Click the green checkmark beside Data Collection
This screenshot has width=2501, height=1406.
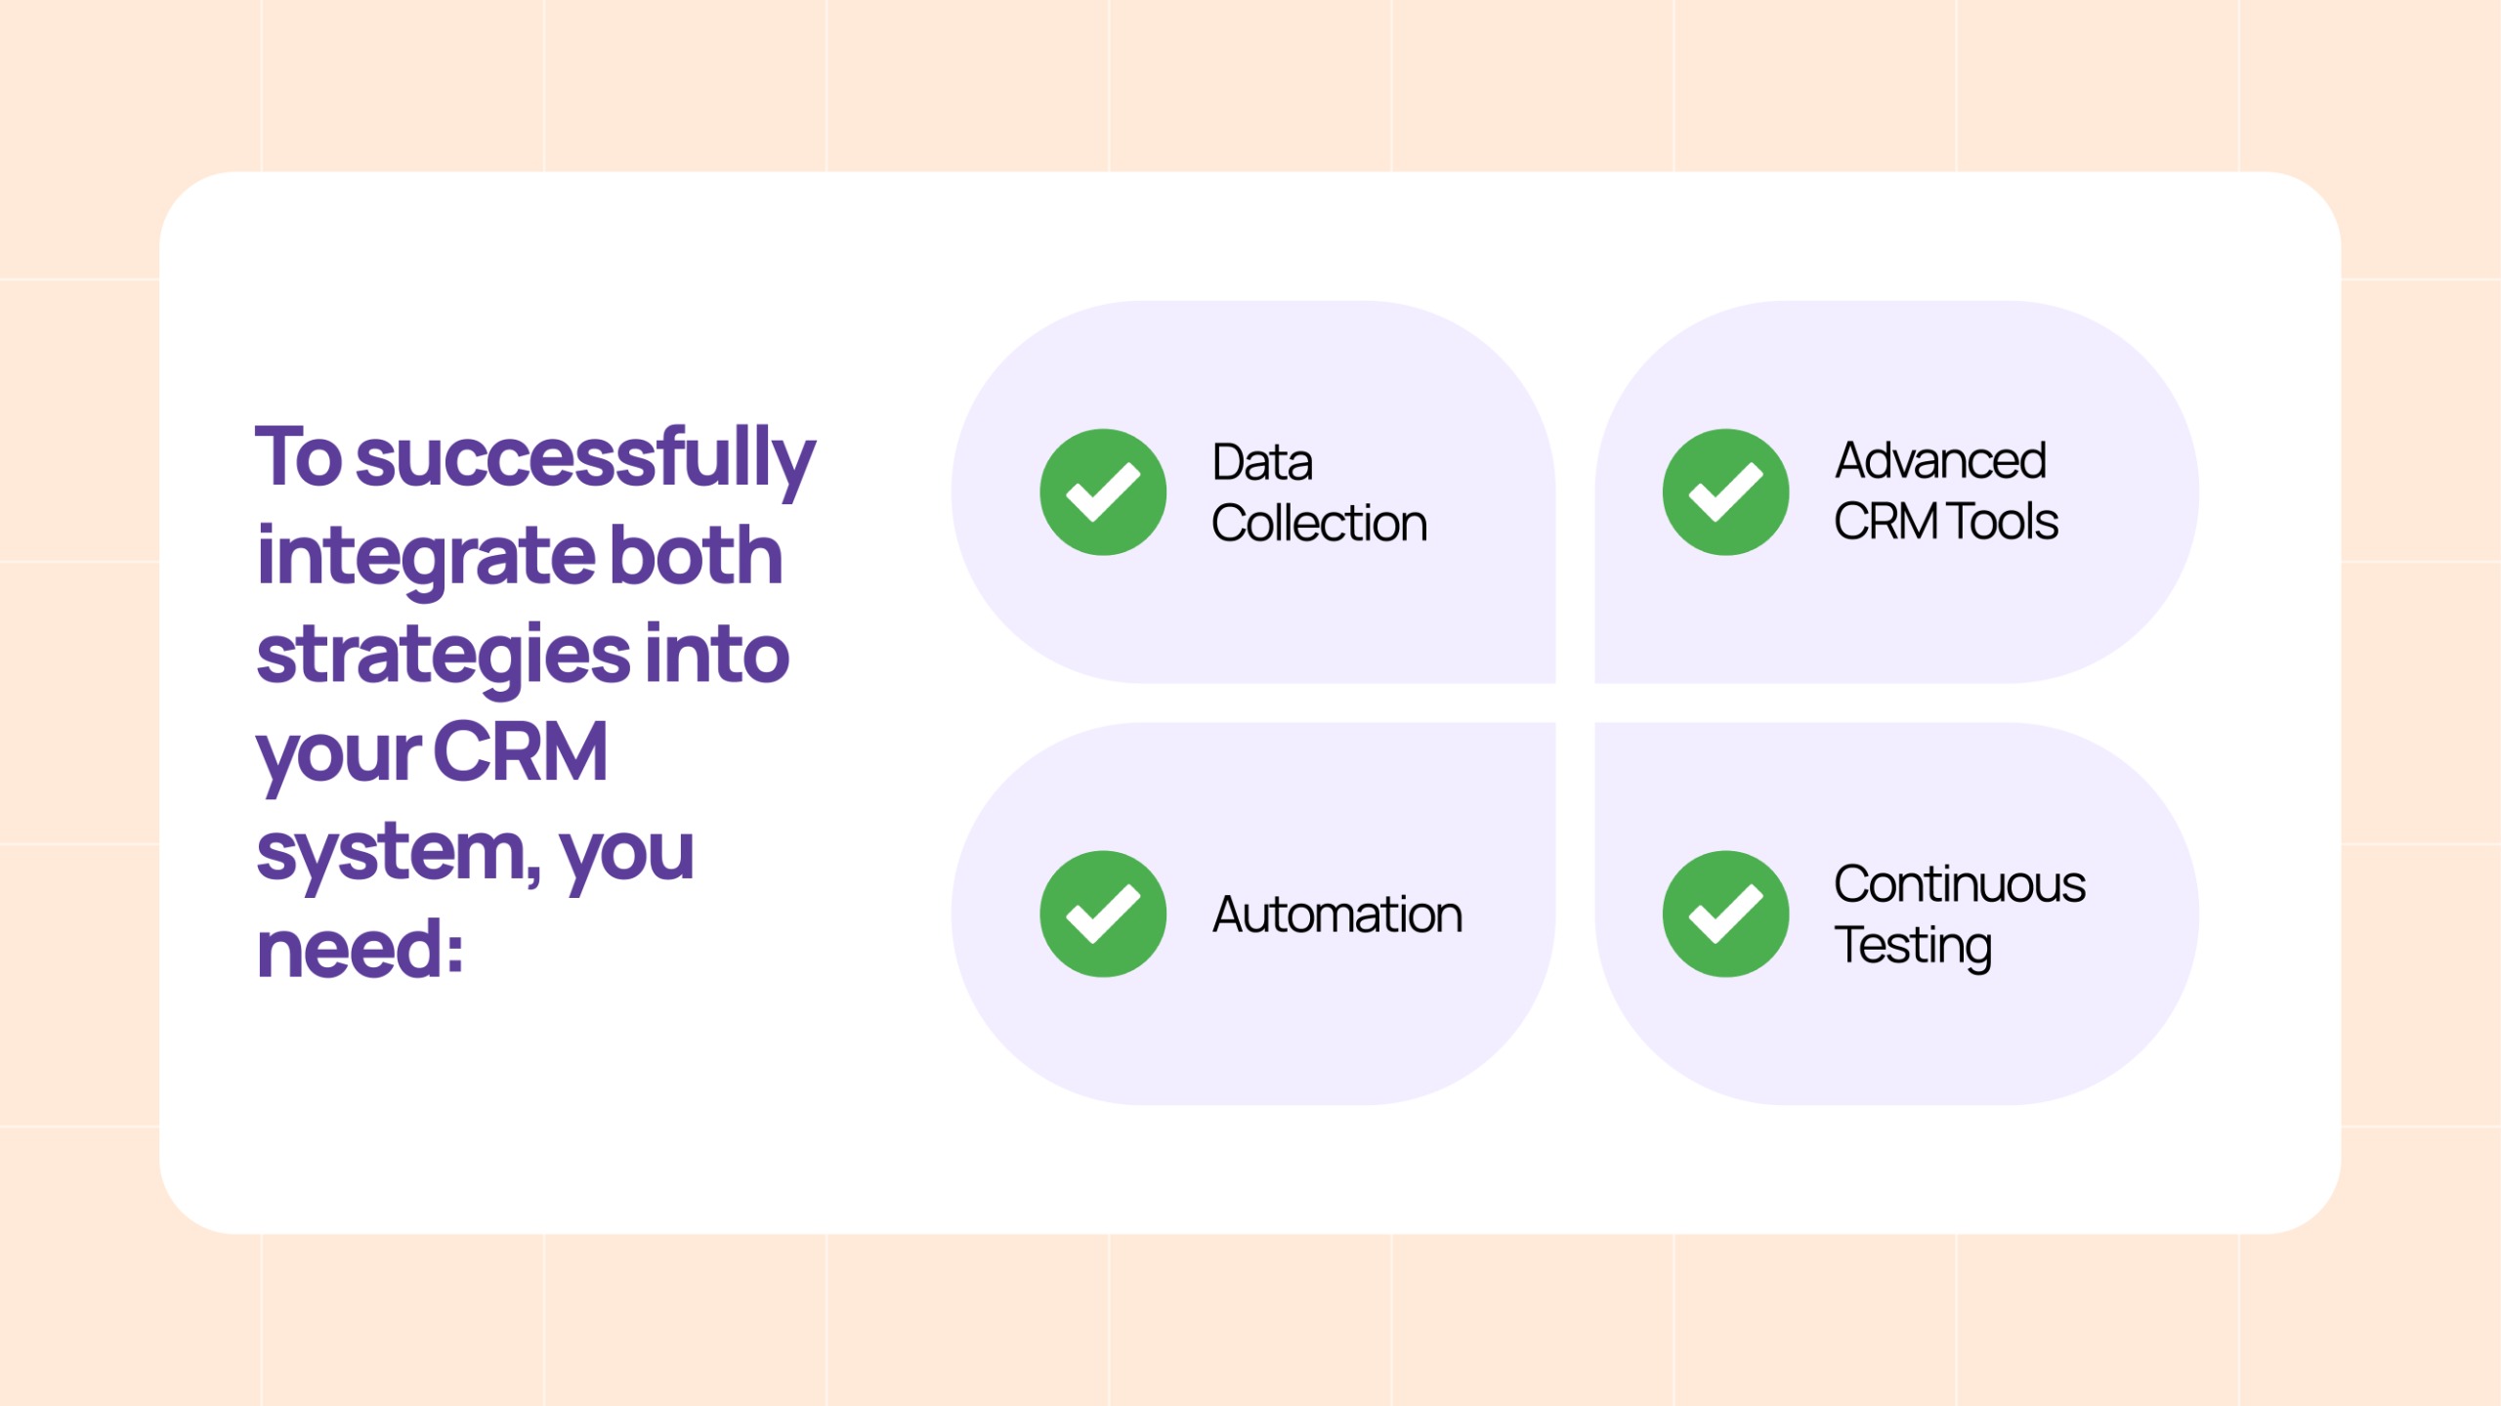coord(1103,492)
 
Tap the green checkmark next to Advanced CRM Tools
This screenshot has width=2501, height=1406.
coord(1726,492)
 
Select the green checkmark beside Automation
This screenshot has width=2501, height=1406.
coord(1103,915)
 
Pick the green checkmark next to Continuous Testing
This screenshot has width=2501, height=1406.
coord(1726,915)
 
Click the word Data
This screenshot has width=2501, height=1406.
coord(1262,462)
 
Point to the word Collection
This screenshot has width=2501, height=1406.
coord(1319,524)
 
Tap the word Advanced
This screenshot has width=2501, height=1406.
coord(1940,460)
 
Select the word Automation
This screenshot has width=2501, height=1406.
coord(1337,916)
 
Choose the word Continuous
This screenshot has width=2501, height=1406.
coord(1960,884)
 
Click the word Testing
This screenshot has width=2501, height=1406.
coord(1913,946)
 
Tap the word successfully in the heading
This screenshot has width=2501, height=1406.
coord(585,459)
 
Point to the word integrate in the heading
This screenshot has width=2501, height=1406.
coord(424,557)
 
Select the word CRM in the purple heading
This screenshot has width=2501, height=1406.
coord(521,752)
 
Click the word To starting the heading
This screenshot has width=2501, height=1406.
coord(299,456)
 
